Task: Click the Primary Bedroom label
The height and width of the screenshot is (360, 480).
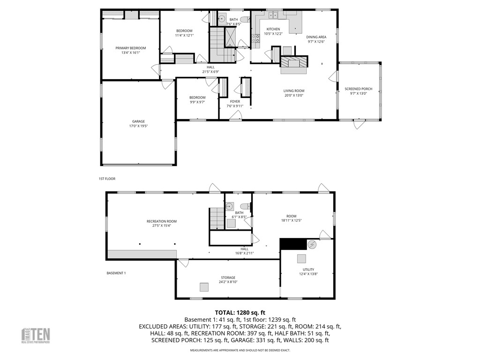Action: point(131,48)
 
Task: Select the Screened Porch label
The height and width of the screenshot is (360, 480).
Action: point(359,89)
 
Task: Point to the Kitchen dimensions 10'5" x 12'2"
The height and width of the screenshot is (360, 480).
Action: point(273,34)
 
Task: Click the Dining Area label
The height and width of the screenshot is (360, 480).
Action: point(316,37)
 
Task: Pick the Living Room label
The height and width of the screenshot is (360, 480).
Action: point(294,91)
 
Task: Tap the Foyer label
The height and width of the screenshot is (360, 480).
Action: point(235,101)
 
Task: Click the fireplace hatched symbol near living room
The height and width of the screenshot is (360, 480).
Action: point(295,63)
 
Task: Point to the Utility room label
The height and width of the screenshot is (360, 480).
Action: point(308,270)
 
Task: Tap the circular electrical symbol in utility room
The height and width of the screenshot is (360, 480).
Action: point(312,244)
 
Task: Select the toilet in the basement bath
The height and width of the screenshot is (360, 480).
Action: point(244,206)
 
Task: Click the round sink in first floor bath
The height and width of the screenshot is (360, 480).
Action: point(222,20)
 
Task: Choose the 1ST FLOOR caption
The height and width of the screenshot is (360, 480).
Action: point(107,179)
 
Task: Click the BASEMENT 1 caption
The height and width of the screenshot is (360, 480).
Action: point(116,273)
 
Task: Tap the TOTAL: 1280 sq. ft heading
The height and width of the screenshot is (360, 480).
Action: point(240,313)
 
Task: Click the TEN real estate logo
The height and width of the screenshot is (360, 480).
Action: point(36,336)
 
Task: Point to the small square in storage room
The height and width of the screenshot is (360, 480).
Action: point(204,287)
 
